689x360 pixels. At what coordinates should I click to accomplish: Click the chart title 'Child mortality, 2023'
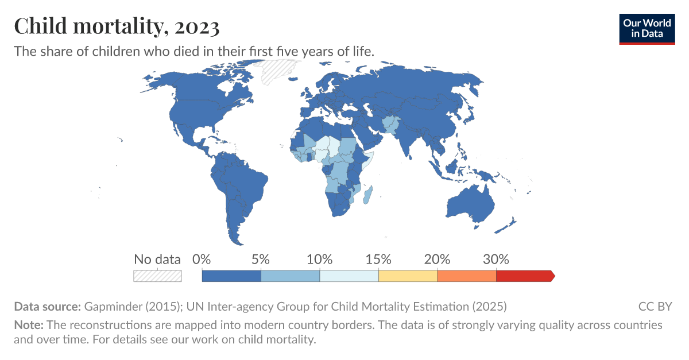click(x=117, y=26)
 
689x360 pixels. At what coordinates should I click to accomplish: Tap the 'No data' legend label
click(x=157, y=259)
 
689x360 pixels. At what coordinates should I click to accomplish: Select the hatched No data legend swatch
click(x=157, y=276)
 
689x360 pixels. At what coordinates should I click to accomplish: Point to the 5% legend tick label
click(x=261, y=259)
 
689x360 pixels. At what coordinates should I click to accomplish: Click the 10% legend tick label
click(x=320, y=259)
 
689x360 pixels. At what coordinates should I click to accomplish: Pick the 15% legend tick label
click(x=378, y=259)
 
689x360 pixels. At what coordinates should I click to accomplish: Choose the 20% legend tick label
click(x=437, y=259)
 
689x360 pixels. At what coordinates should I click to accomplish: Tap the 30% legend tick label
click(x=496, y=259)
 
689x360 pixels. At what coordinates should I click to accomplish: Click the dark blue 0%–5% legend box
click(x=231, y=276)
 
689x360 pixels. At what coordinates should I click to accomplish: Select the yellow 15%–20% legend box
click(x=408, y=276)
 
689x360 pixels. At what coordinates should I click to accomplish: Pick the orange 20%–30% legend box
click(x=466, y=276)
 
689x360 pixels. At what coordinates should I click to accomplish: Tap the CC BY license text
click(x=655, y=306)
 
